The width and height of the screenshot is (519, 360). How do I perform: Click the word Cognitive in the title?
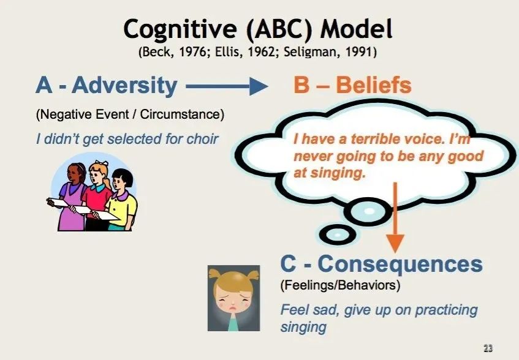pyautogui.click(x=180, y=29)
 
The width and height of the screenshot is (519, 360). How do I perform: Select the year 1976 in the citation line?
pyautogui.click(x=192, y=52)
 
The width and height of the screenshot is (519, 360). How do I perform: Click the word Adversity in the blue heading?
pyautogui.click(x=125, y=85)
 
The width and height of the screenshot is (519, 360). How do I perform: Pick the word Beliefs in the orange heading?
pyautogui.click(x=374, y=85)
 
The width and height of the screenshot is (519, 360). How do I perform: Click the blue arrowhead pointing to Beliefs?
pyautogui.click(x=258, y=86)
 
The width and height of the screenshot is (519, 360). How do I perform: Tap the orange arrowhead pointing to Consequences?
pyautogui.click(x=395, y=243)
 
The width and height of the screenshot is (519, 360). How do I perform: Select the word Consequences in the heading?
pyautogui.click(x=400, y=264)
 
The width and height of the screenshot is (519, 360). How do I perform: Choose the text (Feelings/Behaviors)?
pyautogui.click(x=340, y=285)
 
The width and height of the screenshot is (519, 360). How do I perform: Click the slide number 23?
pyautogui.click(x=488, y=348)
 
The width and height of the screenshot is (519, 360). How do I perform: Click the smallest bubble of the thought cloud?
pyautogui.click(x=337, y=234)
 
